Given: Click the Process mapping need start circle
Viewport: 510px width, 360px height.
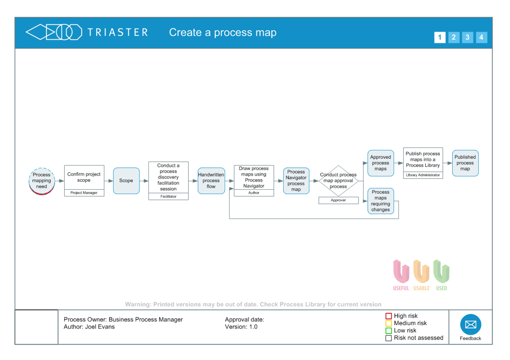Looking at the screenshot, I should point(41,181).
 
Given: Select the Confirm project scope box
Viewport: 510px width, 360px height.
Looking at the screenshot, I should point(84,177).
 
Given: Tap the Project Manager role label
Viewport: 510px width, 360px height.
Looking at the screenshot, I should point(84,193).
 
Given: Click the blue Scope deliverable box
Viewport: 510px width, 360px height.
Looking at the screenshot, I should point(126,181).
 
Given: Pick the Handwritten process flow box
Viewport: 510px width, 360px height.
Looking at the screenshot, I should point(211,181).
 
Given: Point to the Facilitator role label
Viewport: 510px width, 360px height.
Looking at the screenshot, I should point(168,196).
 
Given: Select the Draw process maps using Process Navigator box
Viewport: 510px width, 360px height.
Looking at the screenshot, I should point(254,177).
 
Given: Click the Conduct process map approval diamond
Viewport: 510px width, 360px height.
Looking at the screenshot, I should point(338,181).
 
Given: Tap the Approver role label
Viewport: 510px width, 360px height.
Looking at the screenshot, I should point(338,200).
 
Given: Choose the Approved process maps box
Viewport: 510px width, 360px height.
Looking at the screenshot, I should point(381,163).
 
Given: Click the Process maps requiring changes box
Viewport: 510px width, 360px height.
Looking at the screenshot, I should point(381,201).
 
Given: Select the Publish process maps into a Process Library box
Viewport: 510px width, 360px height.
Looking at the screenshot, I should point(423,160).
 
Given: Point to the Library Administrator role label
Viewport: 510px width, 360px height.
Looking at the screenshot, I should point(423,175).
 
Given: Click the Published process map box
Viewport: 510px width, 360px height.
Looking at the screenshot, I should point(465,163).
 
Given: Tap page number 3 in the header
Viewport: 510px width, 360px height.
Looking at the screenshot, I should point(467,37).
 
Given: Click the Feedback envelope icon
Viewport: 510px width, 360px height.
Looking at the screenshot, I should point(470,325).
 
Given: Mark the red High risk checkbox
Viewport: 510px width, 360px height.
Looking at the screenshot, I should point(389,316).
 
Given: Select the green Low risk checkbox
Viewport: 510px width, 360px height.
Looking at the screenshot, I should point(389,331).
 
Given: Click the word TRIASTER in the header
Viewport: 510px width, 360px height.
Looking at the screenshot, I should point(118,32).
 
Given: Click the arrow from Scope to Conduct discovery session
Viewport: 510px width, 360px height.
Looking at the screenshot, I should point(144,181).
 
